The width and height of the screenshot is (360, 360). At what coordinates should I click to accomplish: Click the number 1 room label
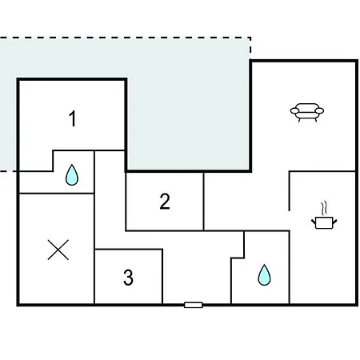click(x=73, y=118)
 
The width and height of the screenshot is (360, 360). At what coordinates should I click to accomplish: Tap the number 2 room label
click(x=165, y=202)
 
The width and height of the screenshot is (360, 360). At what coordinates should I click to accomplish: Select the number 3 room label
click(x=128, y=278)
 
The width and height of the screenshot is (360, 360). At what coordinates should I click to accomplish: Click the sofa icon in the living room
click(x=307, y=112)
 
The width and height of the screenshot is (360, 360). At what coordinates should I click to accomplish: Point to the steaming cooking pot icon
click(x=324, y=216)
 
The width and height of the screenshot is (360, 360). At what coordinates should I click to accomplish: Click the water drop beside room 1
click(x=72, y=175)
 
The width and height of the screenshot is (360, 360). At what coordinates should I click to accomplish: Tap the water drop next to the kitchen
click(x=264, y=275)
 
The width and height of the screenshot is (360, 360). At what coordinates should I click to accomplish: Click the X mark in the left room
click(x=58, y=250)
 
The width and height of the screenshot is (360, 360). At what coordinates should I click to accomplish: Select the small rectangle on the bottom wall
click(x=194, y=305)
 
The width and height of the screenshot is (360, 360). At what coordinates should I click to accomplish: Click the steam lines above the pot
click(x=324, y=208)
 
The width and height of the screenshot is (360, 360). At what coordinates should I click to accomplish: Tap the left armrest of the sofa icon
click(x=294, y=110)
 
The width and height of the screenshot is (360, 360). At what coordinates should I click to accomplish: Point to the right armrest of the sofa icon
click(x=319, y=110)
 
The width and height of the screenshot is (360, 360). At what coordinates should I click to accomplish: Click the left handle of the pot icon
click(x=314, y=222)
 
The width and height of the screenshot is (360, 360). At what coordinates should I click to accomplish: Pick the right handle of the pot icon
click(x=334, y=222)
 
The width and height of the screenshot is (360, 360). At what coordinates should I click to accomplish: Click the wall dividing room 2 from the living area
click(x=204, y=202)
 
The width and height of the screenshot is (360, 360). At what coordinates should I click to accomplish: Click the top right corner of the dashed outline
click(x=250, y=38)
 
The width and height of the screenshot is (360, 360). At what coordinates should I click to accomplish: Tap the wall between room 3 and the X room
click(x=94, y=276)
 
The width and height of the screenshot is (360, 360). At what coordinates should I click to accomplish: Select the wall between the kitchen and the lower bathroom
click(x=290, y=267)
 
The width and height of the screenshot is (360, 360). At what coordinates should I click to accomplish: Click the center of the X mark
click(x=58, y=250)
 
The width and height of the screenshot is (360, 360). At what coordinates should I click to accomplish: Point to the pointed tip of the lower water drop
click(x=264, y=265)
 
